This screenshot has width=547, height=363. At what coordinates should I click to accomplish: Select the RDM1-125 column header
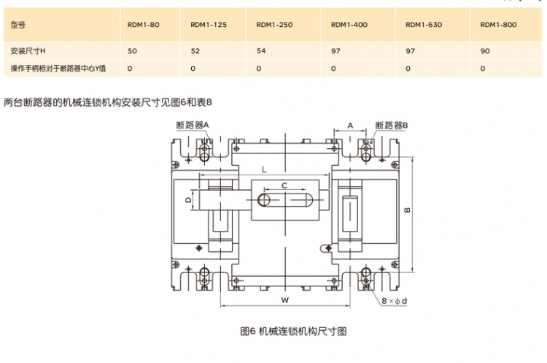pos(209,25)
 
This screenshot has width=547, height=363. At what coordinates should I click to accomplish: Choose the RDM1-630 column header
pos(424,25)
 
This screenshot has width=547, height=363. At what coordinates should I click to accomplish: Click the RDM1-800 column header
pos(498,25)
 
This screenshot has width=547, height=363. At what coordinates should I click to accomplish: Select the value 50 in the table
pos(132,51)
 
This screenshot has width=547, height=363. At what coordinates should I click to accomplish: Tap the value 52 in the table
pos(195,51)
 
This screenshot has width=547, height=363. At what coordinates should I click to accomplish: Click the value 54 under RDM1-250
pos(261,51)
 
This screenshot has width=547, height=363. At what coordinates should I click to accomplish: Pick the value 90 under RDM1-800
pos(484,51)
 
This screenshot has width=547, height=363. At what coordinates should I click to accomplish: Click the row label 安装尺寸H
pos(28,51)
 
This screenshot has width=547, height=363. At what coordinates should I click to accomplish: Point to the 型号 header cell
pos(19,25)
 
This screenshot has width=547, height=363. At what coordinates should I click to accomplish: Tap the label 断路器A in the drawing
pos(193,125)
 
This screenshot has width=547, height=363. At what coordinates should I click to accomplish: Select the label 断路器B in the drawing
pos(392,125)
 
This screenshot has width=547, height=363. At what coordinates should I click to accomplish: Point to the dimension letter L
pos(263,169)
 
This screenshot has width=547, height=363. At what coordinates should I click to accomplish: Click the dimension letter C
pos(284,186)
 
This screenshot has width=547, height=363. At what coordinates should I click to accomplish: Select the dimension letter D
pos(188,198)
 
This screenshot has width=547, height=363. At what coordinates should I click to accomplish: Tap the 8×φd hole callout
pos(394,300)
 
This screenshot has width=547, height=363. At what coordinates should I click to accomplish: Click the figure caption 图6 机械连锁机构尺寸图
pos(293,331)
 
